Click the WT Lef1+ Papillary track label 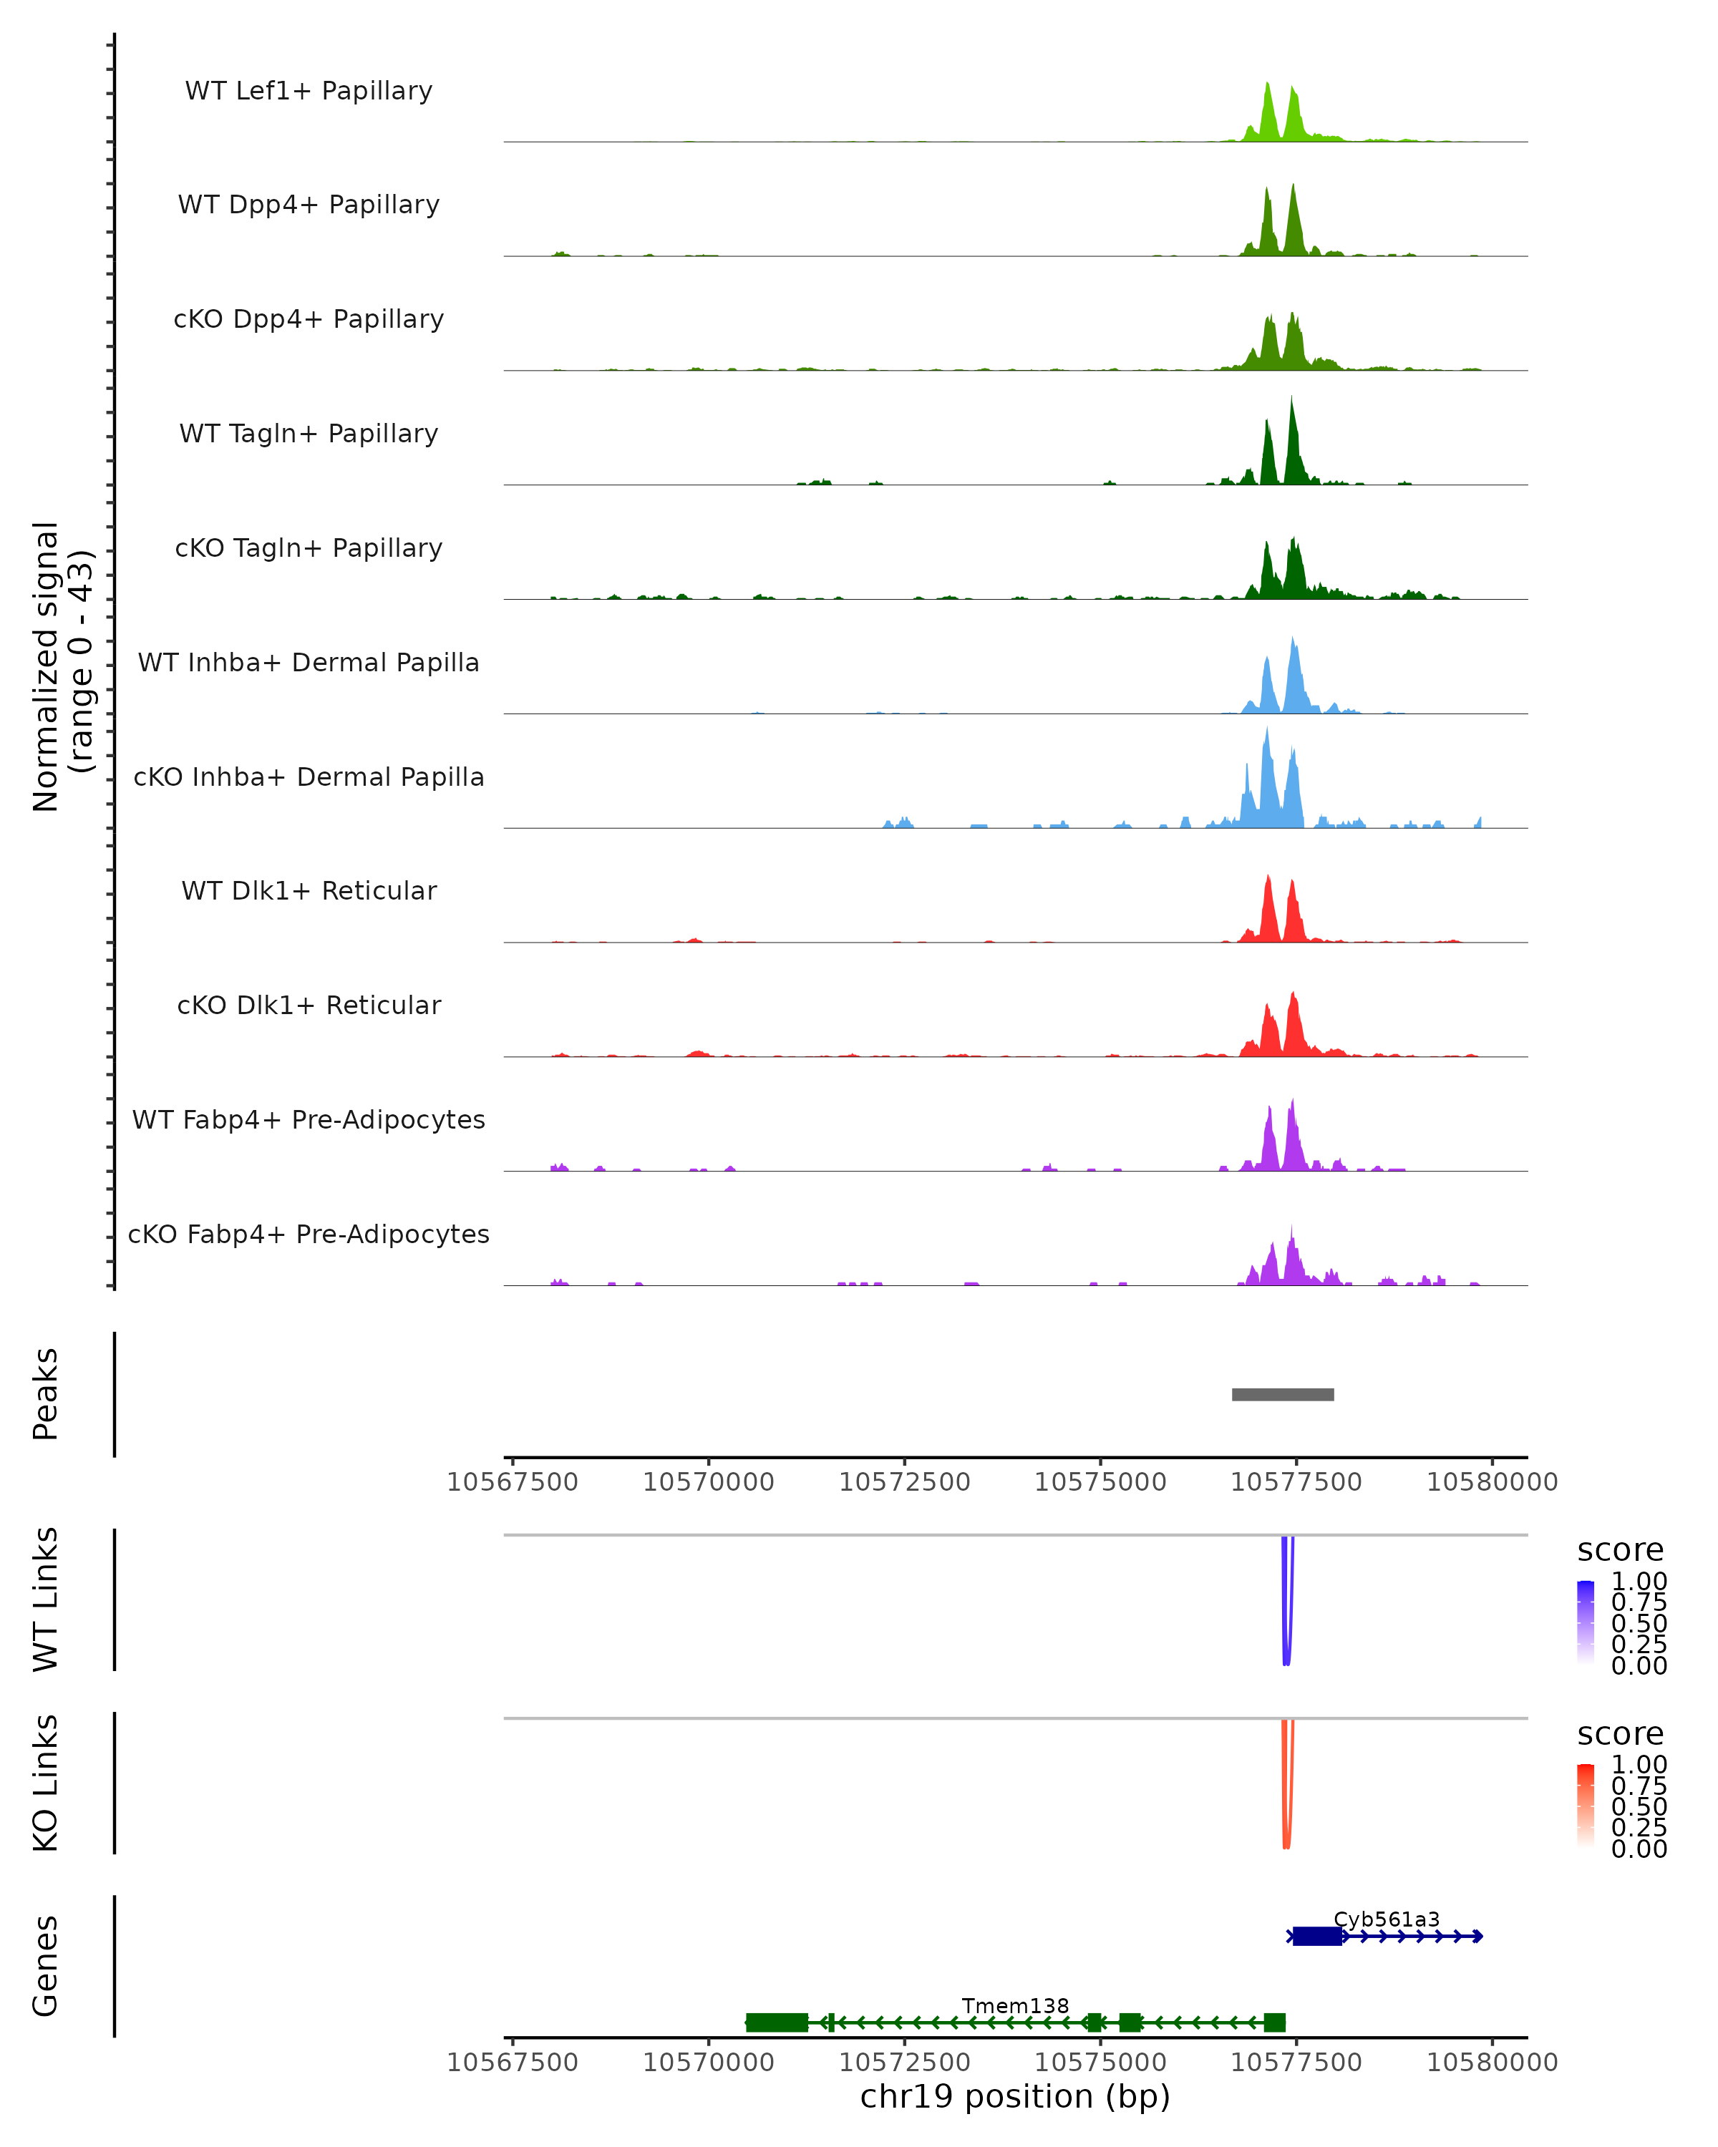(x=309, y=91)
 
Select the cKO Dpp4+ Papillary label (x=309, y=320)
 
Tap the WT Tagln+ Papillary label (x=309, y=434)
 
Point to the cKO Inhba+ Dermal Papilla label (x=309, y=778)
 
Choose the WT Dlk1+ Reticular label (x=309, y=891)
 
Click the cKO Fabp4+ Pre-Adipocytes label (x=309, y=1235)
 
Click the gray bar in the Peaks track (x=1283, y=1395)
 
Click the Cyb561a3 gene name (x=1387, y=1920)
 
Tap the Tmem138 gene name (x=1015, y=2007)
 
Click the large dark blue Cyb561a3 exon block (x=1316, y=1937)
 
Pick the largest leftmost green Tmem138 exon (x=777, y=2022)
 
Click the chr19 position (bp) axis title (x=1015, y=2097)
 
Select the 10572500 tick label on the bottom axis (x=904, y=2063)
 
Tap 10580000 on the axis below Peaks (x=1492, y=1483)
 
